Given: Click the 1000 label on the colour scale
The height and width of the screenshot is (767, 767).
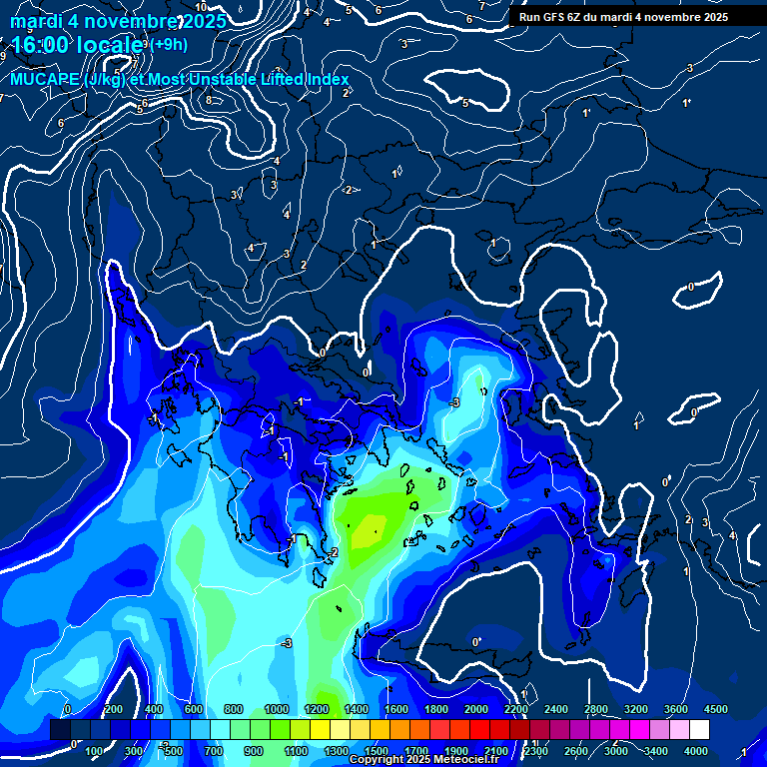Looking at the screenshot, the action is click(x=276, y=709).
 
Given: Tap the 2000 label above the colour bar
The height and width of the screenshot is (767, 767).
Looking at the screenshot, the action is click(x=475, y=709).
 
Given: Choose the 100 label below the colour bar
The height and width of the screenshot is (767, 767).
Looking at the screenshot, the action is click(x=95, y=751).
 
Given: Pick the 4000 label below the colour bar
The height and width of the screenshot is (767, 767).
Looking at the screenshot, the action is click(x=696, y=751).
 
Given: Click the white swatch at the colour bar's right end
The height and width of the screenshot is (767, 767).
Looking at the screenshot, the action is click(x=699, y=730).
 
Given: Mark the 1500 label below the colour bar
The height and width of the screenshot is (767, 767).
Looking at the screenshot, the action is click(x=377, y=751).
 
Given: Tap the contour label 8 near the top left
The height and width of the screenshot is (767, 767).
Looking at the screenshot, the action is click(x=209, y=100).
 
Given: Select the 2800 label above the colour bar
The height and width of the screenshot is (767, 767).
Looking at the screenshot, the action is click(x=596, y=709).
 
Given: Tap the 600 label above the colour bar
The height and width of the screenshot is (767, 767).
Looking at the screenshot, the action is click(x=195, y=709).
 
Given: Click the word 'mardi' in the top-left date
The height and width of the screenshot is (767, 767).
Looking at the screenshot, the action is click(x=36, y=20).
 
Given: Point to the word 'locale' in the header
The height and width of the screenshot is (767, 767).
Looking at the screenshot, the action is click(x=107, y=45).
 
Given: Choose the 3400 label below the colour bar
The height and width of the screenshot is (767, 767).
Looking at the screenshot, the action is click(x=656, y=751).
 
